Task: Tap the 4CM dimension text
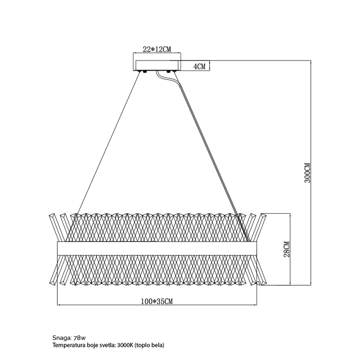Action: tap(199, 67)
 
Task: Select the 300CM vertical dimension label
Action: tap(308, 172)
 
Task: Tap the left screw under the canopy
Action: tap(145, 72)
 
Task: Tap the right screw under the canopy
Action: tap(170, 72)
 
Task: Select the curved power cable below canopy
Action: tap(162, 77)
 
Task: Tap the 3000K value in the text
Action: tap(126, 345)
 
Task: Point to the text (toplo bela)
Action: tap(150, 345)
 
